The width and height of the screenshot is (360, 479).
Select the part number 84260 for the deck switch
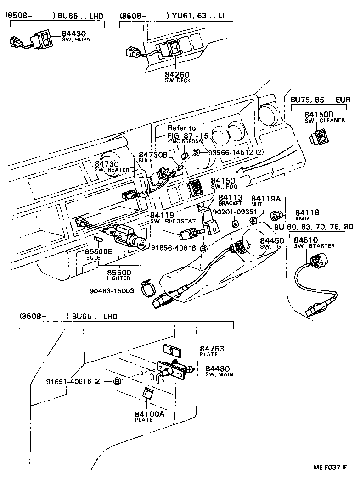177,74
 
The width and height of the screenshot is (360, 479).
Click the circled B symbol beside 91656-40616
203,248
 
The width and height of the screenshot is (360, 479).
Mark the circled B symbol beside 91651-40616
118,381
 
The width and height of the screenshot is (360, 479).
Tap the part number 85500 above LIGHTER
119,272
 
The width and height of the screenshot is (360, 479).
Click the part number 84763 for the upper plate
212,349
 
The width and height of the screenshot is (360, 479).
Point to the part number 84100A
149,414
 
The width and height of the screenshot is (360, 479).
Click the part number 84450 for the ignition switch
272,240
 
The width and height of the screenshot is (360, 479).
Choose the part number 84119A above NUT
265,199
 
